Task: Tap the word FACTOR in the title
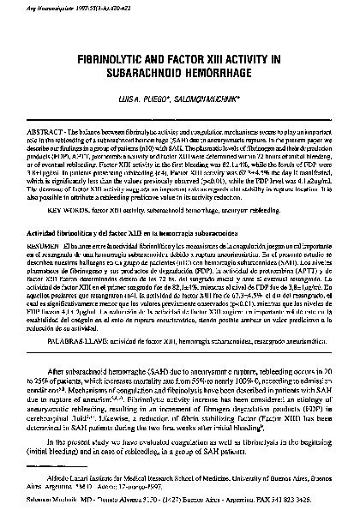pos(198,63)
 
